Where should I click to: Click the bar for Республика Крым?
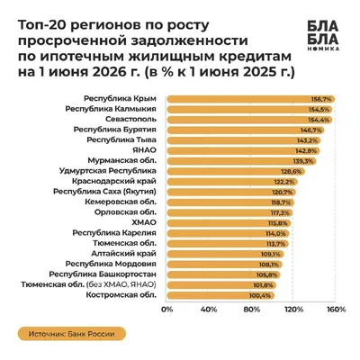(x=251, y=99)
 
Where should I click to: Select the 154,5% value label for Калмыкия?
(x=319, y=110)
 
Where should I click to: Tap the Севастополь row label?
(x=130, y=119)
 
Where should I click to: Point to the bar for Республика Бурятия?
(x=246, y=130)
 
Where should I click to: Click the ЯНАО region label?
(x=145, y=150)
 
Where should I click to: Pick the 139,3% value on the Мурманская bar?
(x=303, y=161)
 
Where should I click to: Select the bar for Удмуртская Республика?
(x=236, y=172)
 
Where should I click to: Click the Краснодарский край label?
(x=114, y=181)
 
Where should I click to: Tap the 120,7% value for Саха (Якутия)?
(x=283, y=193)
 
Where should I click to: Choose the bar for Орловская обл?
(x=229, y=213)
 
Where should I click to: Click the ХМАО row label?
(x=144, y=222)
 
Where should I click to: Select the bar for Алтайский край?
(x=225, y=255)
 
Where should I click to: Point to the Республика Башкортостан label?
(x=103, y=274)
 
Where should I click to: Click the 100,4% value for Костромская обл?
(x=260, y=296)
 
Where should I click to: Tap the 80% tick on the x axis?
(x=251, y=310)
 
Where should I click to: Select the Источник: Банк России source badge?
(x=72, y=334)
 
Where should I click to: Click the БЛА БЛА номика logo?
(x=323, y=35)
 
